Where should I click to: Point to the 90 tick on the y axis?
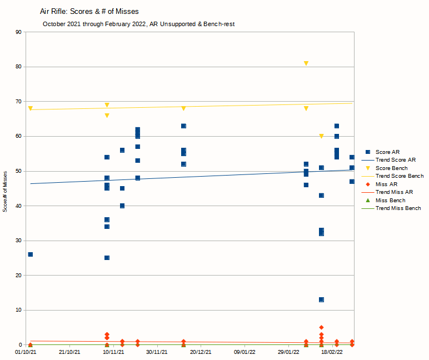[18, 32]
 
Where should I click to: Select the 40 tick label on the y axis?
[18, 206]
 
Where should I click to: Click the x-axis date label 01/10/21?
[26, 352]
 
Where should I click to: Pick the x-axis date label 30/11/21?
[157, 352]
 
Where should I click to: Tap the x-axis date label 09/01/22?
[245, 352]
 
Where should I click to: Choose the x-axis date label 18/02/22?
[332, 352]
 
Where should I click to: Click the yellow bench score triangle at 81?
[306, 63]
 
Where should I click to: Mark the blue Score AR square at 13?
[321, 299]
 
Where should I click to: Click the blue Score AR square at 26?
[30, 254]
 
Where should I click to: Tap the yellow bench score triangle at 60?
[321, 136]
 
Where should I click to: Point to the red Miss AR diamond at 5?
[321, 327]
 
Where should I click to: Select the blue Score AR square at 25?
[107, 258]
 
